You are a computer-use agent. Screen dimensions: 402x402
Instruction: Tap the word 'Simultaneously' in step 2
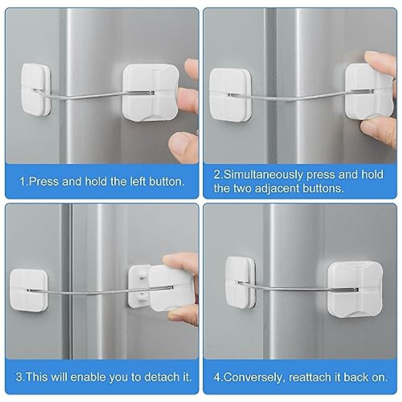pos(262,175)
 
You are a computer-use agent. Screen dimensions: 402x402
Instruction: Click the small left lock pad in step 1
pos(36,90)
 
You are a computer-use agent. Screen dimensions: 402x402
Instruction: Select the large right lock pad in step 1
pos(150,92)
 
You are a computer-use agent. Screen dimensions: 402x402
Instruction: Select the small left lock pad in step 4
pos(240,285)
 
